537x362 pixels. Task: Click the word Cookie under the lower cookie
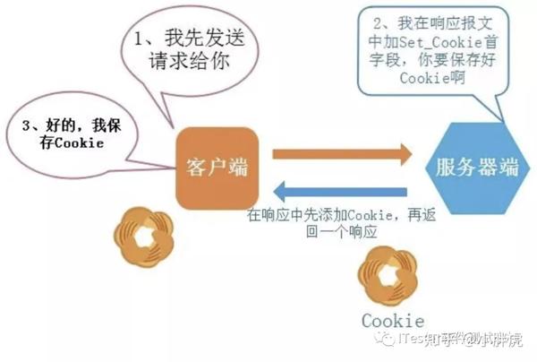(x=393, y=320)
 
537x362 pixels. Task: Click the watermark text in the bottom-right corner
(x=456, y=339)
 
